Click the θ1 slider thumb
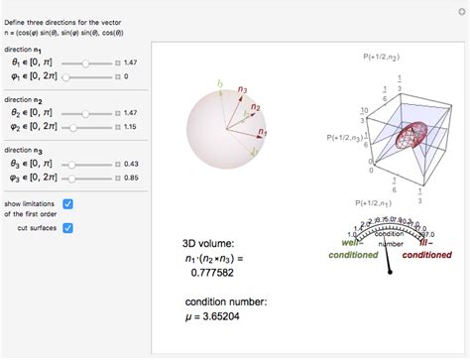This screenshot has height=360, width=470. (86, 61)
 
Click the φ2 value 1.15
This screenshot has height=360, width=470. (131, 132)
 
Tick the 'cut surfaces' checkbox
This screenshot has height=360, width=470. (67, 227)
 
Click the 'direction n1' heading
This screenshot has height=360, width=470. (26, 48)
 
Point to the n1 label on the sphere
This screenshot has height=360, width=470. (263, 130)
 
